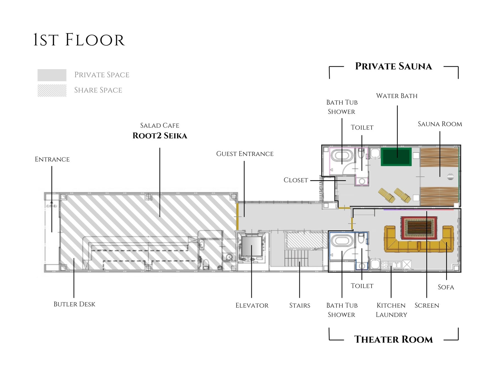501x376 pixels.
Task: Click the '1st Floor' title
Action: [79, 40]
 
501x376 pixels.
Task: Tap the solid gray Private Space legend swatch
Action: [52, 75]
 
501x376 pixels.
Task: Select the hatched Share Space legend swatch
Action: [52, 91]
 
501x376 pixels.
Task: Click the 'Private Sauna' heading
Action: [393, 66]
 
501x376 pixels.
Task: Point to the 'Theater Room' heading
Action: [393, 339]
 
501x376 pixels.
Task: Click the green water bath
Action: [396, 157]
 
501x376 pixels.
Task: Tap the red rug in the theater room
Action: [419, 228]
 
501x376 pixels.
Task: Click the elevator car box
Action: [252, 246]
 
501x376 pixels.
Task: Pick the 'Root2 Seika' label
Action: [160, 136]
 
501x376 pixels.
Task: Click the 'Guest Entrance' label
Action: [245, 154]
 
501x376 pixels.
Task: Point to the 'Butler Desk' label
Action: [74, 304]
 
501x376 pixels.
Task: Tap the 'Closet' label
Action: [296, 180]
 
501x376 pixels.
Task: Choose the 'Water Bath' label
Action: [397, 96]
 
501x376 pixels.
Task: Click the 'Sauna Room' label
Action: [440, 124]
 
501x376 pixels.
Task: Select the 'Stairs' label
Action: [299, 306]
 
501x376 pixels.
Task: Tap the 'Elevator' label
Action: [252, 306]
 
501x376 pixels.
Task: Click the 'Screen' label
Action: [427, 306]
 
